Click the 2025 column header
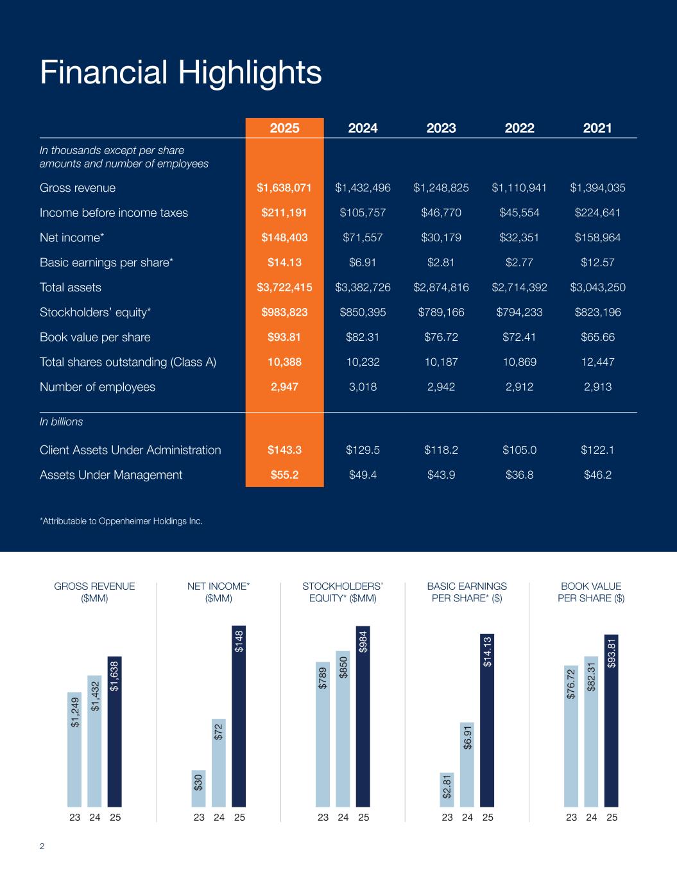(284, 128)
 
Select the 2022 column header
(519, 128)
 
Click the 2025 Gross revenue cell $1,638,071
(284, 188)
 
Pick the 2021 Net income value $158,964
(597, 237)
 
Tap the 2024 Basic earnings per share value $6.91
(363, 262)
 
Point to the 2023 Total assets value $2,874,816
(441, 288)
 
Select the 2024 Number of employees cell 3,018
(363, 387)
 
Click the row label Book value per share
(95, 338)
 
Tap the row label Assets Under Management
(111, 475)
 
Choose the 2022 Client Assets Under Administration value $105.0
(519, 450)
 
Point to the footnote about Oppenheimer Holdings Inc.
(121, 521)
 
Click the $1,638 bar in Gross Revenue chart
(115, 731)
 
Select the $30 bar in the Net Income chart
(199, 787)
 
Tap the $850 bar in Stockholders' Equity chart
(343, 728)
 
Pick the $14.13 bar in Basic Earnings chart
(487, 720)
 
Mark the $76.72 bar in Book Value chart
(570, 735)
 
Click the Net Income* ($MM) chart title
(218, 592)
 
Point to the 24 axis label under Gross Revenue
(95, 818)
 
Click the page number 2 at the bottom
(42, 846)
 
